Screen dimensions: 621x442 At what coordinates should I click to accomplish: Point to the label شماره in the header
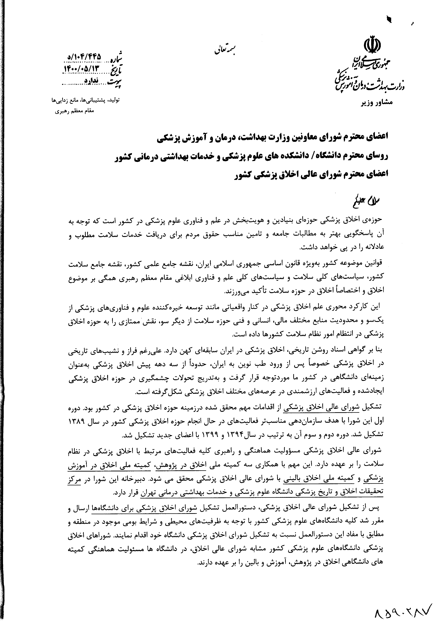[113, 57]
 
